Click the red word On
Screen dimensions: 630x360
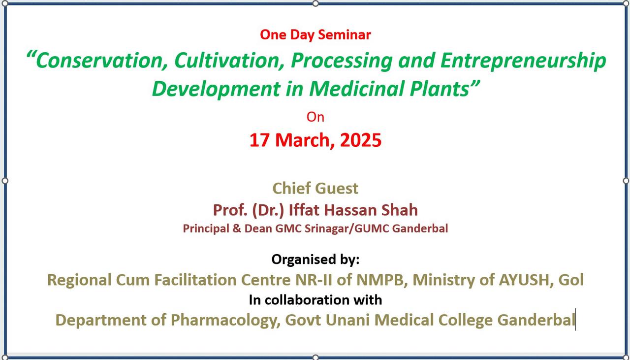click(315, 117)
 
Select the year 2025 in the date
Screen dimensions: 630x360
click(361, 140)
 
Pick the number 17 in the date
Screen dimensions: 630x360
click(259, 140)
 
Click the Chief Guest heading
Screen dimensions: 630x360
click(315, 188)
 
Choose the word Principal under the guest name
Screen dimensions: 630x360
click(206, 229)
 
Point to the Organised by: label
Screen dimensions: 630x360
click(315, 260)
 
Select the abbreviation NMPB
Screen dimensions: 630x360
click(380, 280)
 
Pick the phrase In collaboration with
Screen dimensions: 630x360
click(315, 300)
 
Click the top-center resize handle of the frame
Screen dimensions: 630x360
click(315, 3)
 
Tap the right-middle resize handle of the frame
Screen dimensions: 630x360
click(626, 180)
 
